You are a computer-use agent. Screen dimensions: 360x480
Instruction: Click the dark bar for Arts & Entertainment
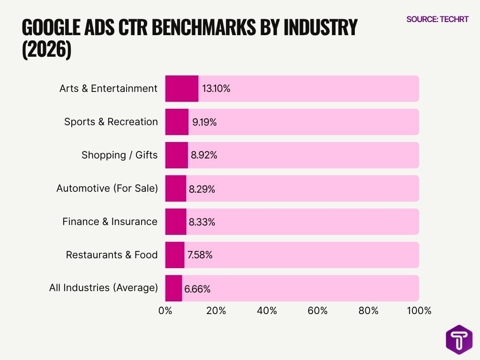(x=181, y=89)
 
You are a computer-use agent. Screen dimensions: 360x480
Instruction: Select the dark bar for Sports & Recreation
(x=177, y=122)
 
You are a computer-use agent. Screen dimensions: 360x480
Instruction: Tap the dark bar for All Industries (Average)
(x=173, y=288)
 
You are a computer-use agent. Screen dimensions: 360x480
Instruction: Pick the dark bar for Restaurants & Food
(x=174, y=255)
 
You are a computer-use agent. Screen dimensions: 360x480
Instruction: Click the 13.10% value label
(x=216, y=89)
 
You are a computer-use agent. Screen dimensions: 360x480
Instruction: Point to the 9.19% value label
(x=204, y=122)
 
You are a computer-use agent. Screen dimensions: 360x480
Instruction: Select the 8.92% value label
(x=203, y=155)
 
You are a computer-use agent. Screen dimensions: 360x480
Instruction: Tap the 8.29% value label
(x=202, y=189)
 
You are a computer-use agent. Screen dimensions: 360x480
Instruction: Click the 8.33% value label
(x=202, y=222)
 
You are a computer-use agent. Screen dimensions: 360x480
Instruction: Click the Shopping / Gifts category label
(x=120, y=155)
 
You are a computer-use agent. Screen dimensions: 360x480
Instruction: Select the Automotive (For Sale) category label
(x=107, y=188)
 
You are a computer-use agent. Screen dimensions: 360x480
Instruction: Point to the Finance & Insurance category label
(x=110, y=222)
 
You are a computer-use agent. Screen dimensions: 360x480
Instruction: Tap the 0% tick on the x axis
(x=165, y=311)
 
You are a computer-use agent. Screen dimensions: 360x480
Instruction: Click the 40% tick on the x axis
(x=267, y=311)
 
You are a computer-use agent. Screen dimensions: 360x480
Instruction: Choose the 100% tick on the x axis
(x=419, y=311)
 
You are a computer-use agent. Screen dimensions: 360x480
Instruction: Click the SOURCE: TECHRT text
(x=437, y=19)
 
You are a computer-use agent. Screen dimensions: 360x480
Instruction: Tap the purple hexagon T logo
(x=458, y=339)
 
